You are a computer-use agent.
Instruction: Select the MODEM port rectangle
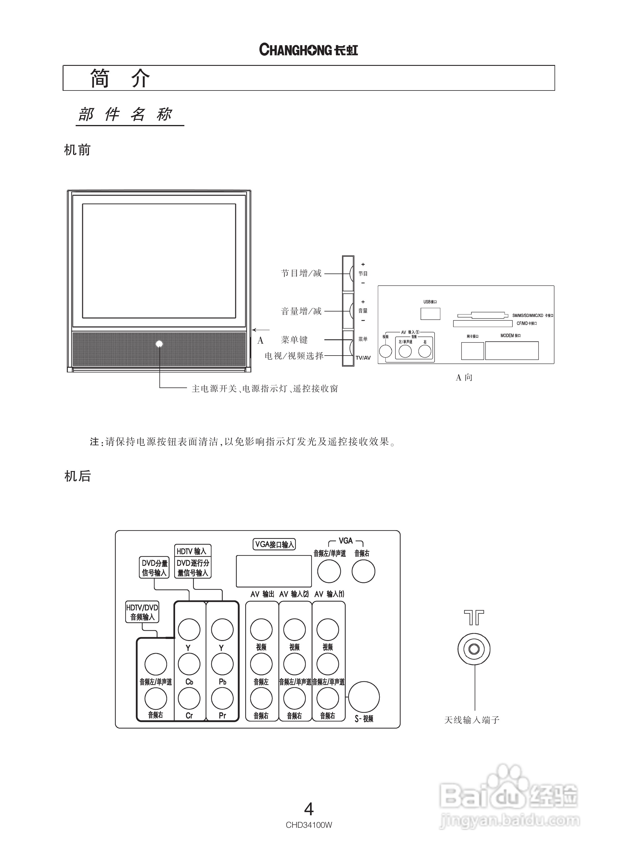(512, 351)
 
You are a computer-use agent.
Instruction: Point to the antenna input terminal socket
(474, 649)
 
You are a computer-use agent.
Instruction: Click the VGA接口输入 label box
(274, 544)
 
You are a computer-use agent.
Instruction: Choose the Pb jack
(222, 664)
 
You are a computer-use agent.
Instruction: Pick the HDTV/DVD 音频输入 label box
(142, 612)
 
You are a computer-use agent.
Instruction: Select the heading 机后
(78, 476)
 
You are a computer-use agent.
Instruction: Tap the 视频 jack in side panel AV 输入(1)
(386, 351)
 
